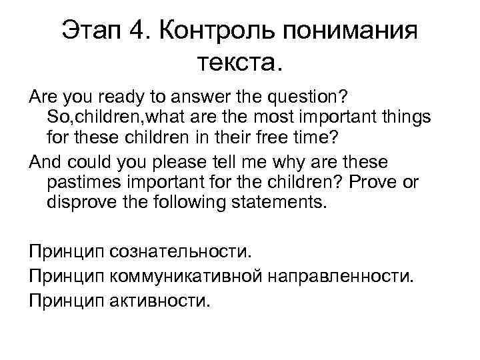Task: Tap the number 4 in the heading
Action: [140, 30]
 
